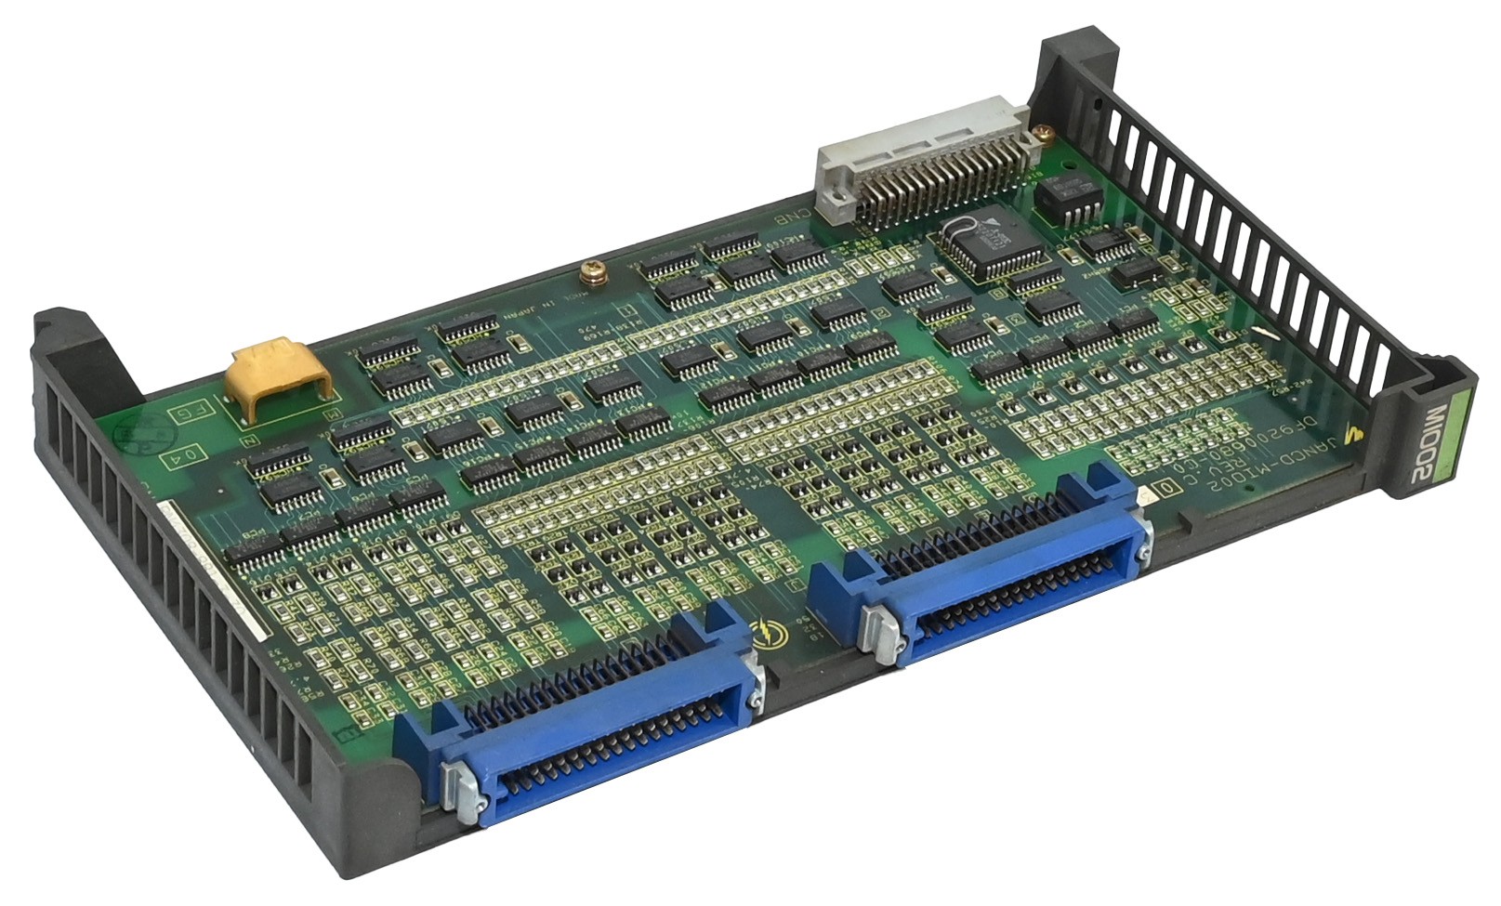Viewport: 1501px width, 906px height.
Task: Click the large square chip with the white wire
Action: coord(988,243)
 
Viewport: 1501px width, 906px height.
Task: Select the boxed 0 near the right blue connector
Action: coord(1165,489)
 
